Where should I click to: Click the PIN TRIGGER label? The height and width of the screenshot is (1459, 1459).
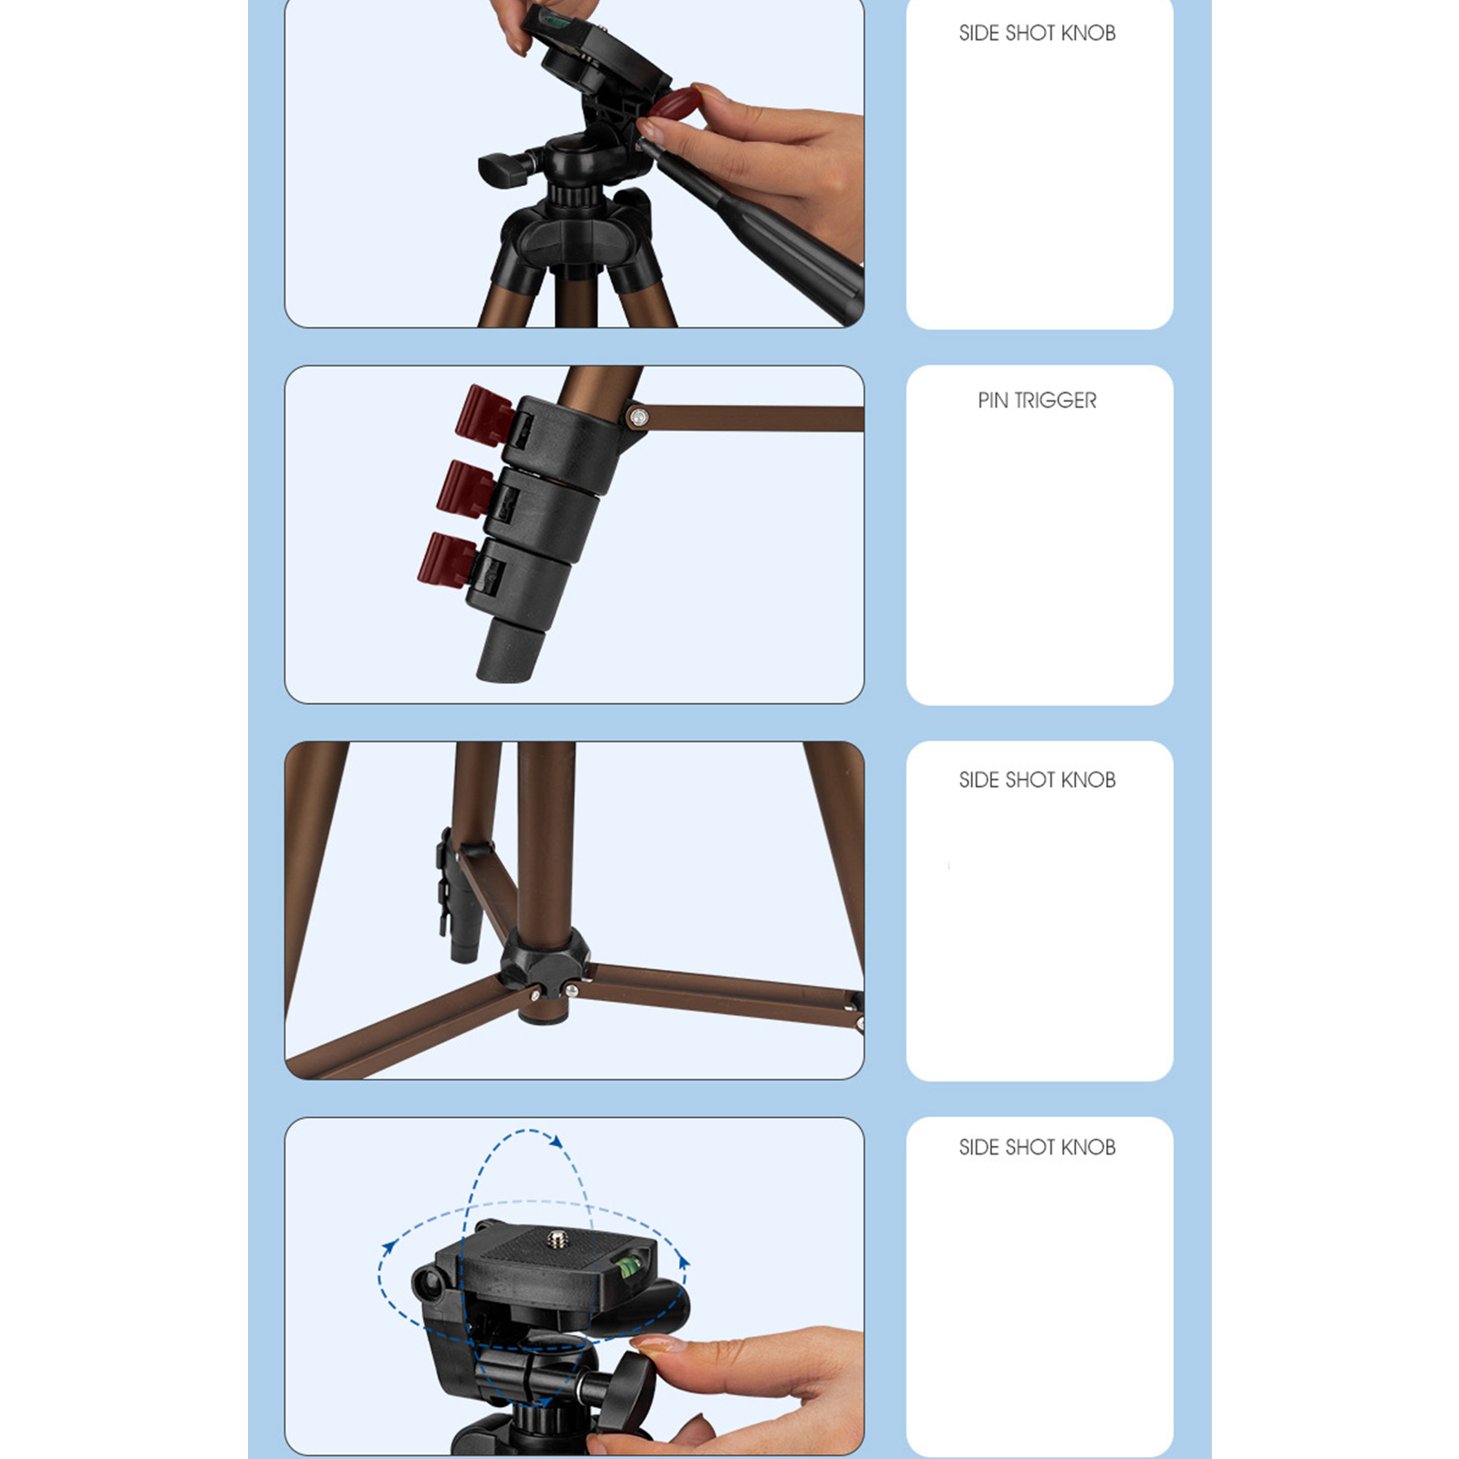(x=1037, y=400)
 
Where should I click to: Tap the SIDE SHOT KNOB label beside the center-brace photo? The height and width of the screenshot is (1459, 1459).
(x=1037, y=780)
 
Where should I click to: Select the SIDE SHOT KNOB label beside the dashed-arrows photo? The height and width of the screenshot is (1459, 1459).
(x=1037, y=1147)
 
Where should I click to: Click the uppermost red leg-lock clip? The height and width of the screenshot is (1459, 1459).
(x=483, y=416)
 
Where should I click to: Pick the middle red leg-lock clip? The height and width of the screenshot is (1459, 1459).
(x=465, y=489)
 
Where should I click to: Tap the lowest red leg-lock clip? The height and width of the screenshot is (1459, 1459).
(x=447, y=559)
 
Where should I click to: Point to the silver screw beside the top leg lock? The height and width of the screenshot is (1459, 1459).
(x=638, y=418)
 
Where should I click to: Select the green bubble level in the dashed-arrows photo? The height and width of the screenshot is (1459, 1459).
(x=626, y=1266)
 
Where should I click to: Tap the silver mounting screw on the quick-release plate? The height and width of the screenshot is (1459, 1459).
(x=555, y=1237)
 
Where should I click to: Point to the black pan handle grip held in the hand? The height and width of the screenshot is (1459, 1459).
(x=757, y=228)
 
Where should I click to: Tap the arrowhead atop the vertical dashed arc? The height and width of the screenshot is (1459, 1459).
(x=555, y=1140)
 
